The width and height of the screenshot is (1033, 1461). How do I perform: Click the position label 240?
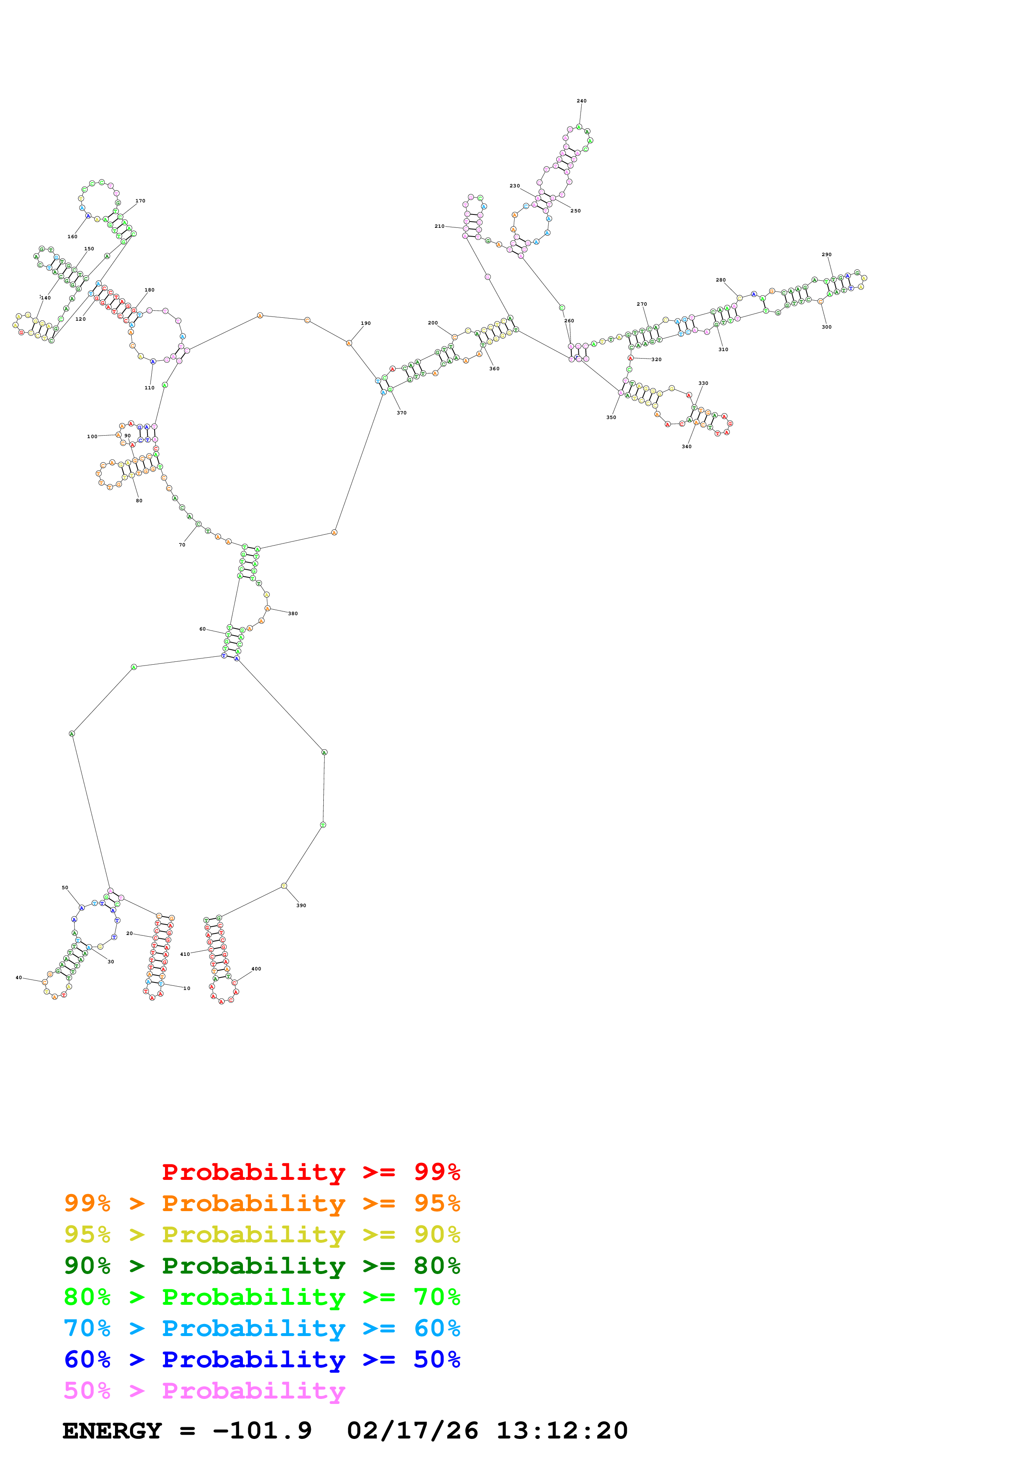[581, 100]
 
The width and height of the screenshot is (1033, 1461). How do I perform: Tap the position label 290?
[826, 254]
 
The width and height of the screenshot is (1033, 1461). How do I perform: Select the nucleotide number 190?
[365, 323]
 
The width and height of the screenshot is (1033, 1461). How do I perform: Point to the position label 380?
[293, 613]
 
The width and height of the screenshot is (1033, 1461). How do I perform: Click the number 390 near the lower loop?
[301, 905]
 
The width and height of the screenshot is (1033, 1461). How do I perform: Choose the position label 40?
[18, 977]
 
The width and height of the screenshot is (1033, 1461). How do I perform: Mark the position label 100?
[92, 436]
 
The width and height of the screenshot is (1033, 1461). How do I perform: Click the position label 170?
[140, 201]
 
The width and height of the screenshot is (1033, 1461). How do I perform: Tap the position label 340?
[686, 447]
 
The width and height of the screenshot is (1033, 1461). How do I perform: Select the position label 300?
[826, 327]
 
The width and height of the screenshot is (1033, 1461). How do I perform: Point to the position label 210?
[439, 226]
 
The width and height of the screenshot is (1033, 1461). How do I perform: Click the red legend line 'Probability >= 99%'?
[310, 1172]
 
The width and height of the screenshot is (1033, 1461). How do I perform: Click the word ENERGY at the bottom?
[112, 1431]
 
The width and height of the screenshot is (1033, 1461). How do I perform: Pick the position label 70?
[182, 545]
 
